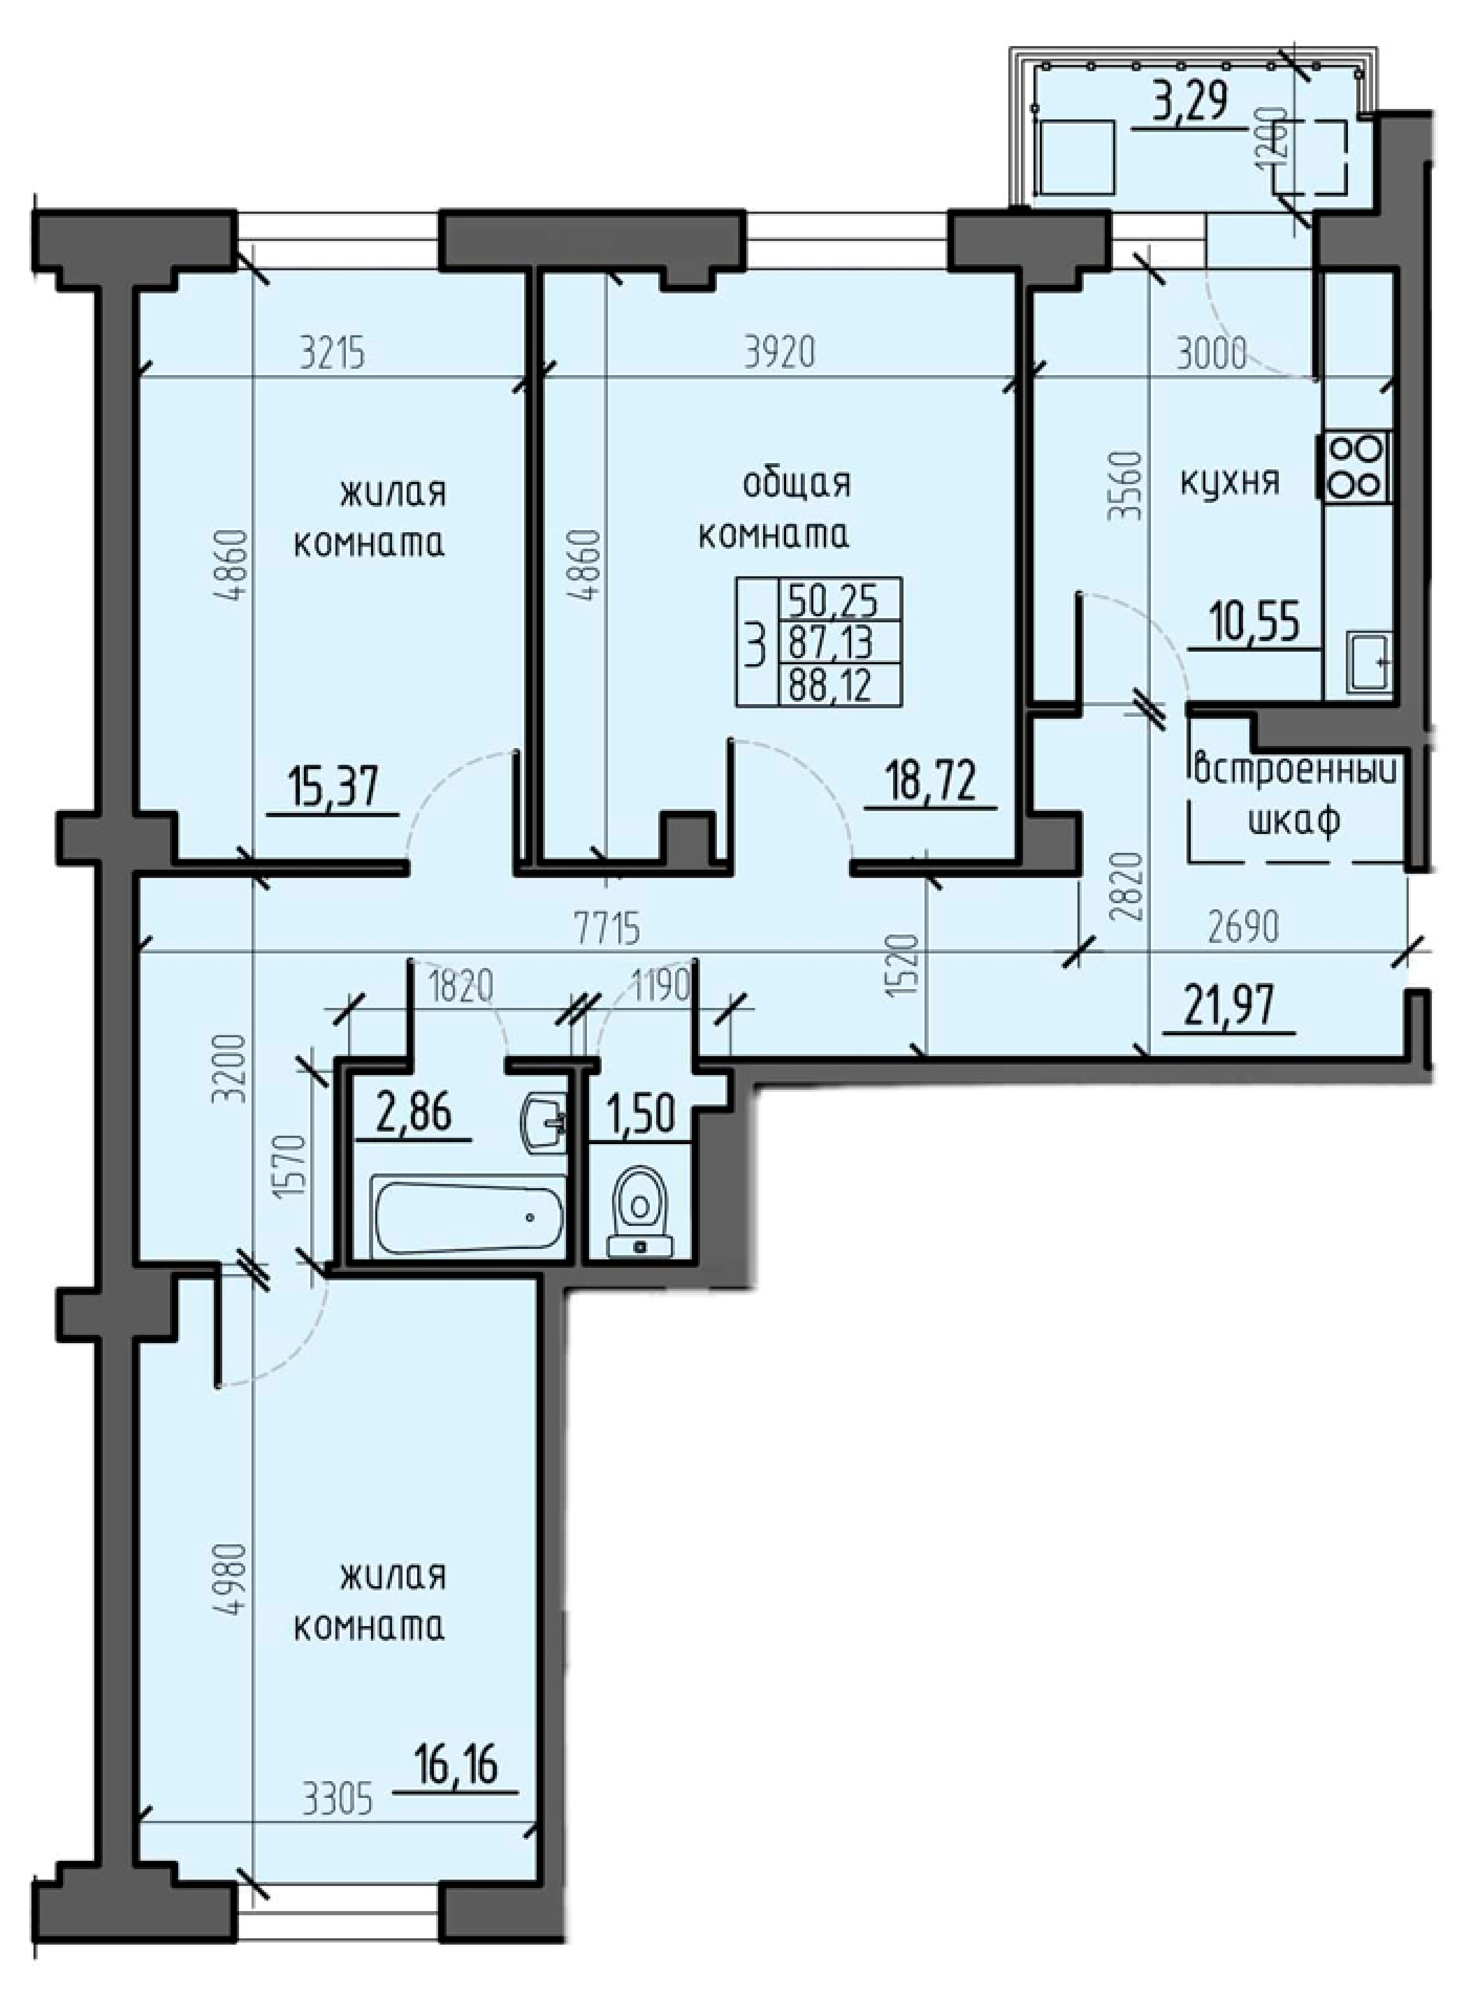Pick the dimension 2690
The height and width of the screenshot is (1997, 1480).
(x=1241, y=929)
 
